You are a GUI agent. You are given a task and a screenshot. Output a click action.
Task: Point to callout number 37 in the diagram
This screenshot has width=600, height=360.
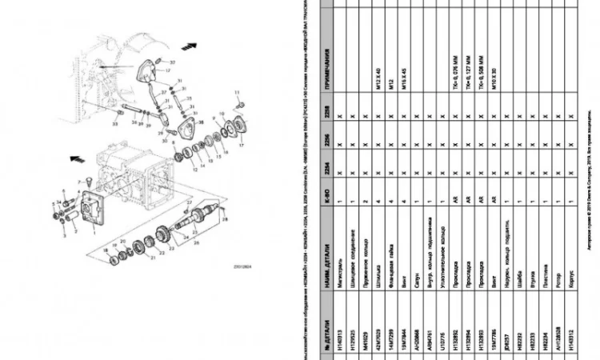(x=172, y=62)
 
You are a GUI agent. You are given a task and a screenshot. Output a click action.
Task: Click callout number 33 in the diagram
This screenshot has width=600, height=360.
(x=115, y=124)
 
